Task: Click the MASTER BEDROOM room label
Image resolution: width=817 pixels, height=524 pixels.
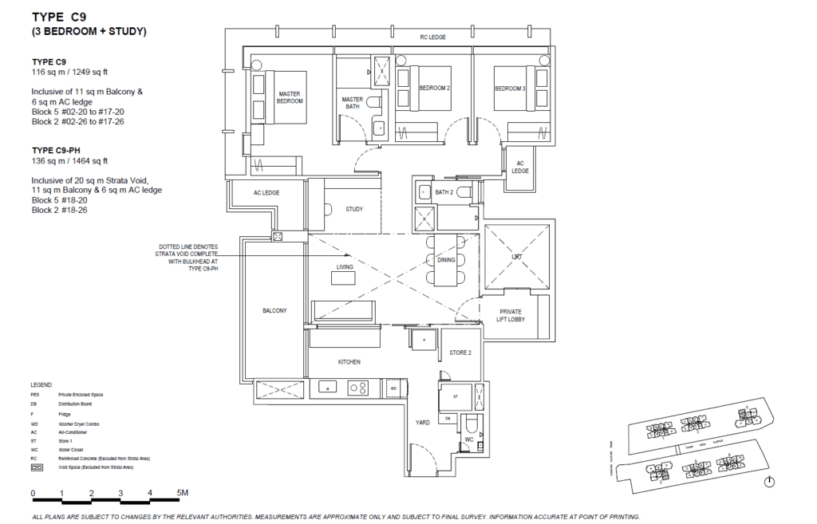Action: click(x=290, y=97)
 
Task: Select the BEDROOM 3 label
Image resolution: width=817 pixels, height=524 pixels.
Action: click(x=510, y=88)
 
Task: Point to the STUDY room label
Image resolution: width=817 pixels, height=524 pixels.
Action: click(x=353, y=209)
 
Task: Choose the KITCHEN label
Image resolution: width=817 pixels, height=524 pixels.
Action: click(x=349, y=362)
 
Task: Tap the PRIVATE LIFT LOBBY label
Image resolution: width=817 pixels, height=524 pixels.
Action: click(x=511, y=316)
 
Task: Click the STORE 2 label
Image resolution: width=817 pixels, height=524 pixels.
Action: click(x=460, y=352)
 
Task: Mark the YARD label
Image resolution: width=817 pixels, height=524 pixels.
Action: click(x=422, y=423)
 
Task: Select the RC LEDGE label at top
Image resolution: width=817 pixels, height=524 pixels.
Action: click(x=432, y=37)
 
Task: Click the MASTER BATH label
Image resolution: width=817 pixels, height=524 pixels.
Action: click(x=352, y=104)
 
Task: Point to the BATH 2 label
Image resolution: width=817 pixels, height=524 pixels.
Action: click(x=444, y=192)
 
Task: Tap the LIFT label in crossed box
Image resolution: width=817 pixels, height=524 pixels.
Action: click(x=517, y=258)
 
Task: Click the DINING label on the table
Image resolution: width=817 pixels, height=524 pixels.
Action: click(x=446, y=260)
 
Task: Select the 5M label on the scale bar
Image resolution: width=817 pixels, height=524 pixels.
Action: click(x=183, y=493)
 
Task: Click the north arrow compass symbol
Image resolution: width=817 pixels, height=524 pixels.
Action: click(x=769, y=483)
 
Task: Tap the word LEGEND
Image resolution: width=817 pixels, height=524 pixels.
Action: click(x=42, y=384)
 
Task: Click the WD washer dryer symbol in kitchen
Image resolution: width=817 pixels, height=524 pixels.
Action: click(x=393, y=388)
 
